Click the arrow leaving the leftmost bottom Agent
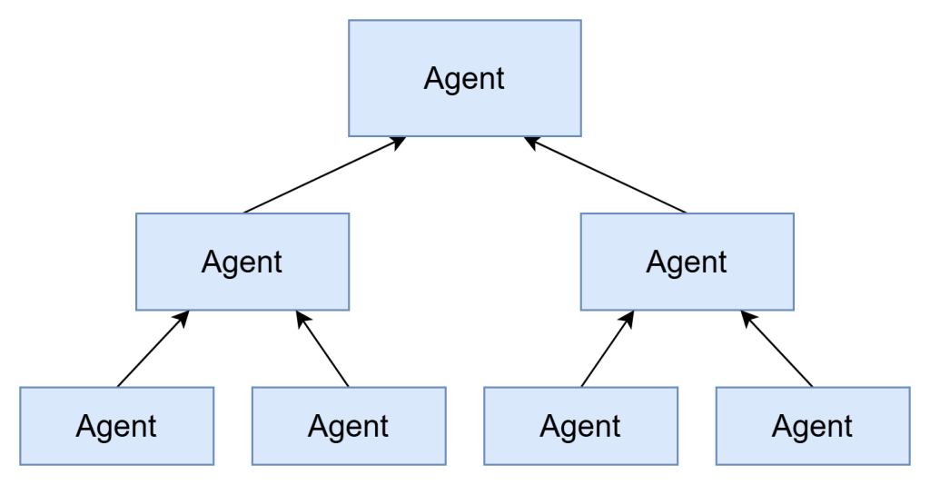151,351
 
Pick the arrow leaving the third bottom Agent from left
606,351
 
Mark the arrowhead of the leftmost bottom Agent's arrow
183,317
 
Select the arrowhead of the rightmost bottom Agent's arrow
747,317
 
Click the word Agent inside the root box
464,79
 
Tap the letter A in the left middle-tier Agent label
212,262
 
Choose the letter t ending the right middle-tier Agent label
722,262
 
